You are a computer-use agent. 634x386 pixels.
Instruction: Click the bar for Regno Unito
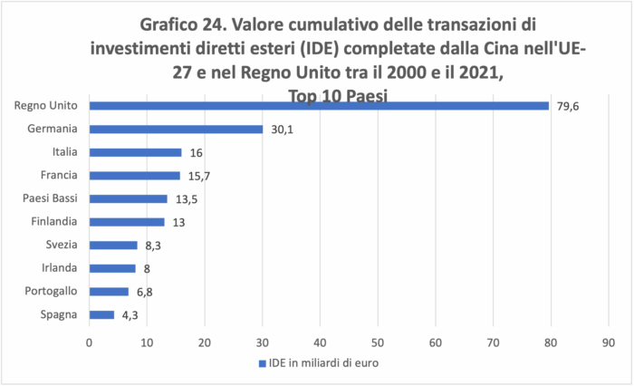pos(319,105)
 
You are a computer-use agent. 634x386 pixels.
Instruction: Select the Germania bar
pos(176,129)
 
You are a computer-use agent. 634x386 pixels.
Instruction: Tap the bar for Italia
pos(135,152)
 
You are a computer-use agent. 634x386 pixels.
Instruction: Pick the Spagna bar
pos(101,314)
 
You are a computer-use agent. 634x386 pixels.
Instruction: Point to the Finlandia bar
pos(127,222)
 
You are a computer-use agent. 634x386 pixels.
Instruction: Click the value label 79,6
pos(568,106)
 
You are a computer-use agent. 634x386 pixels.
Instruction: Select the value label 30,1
pos(282,130)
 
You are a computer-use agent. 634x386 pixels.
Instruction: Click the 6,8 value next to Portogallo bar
pos(146,292)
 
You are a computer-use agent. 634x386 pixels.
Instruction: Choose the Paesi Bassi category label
pos(52,198)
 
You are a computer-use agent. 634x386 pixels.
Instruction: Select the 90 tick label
pos(608,343)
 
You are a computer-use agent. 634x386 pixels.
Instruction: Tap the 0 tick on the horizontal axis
pos(89,343)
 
